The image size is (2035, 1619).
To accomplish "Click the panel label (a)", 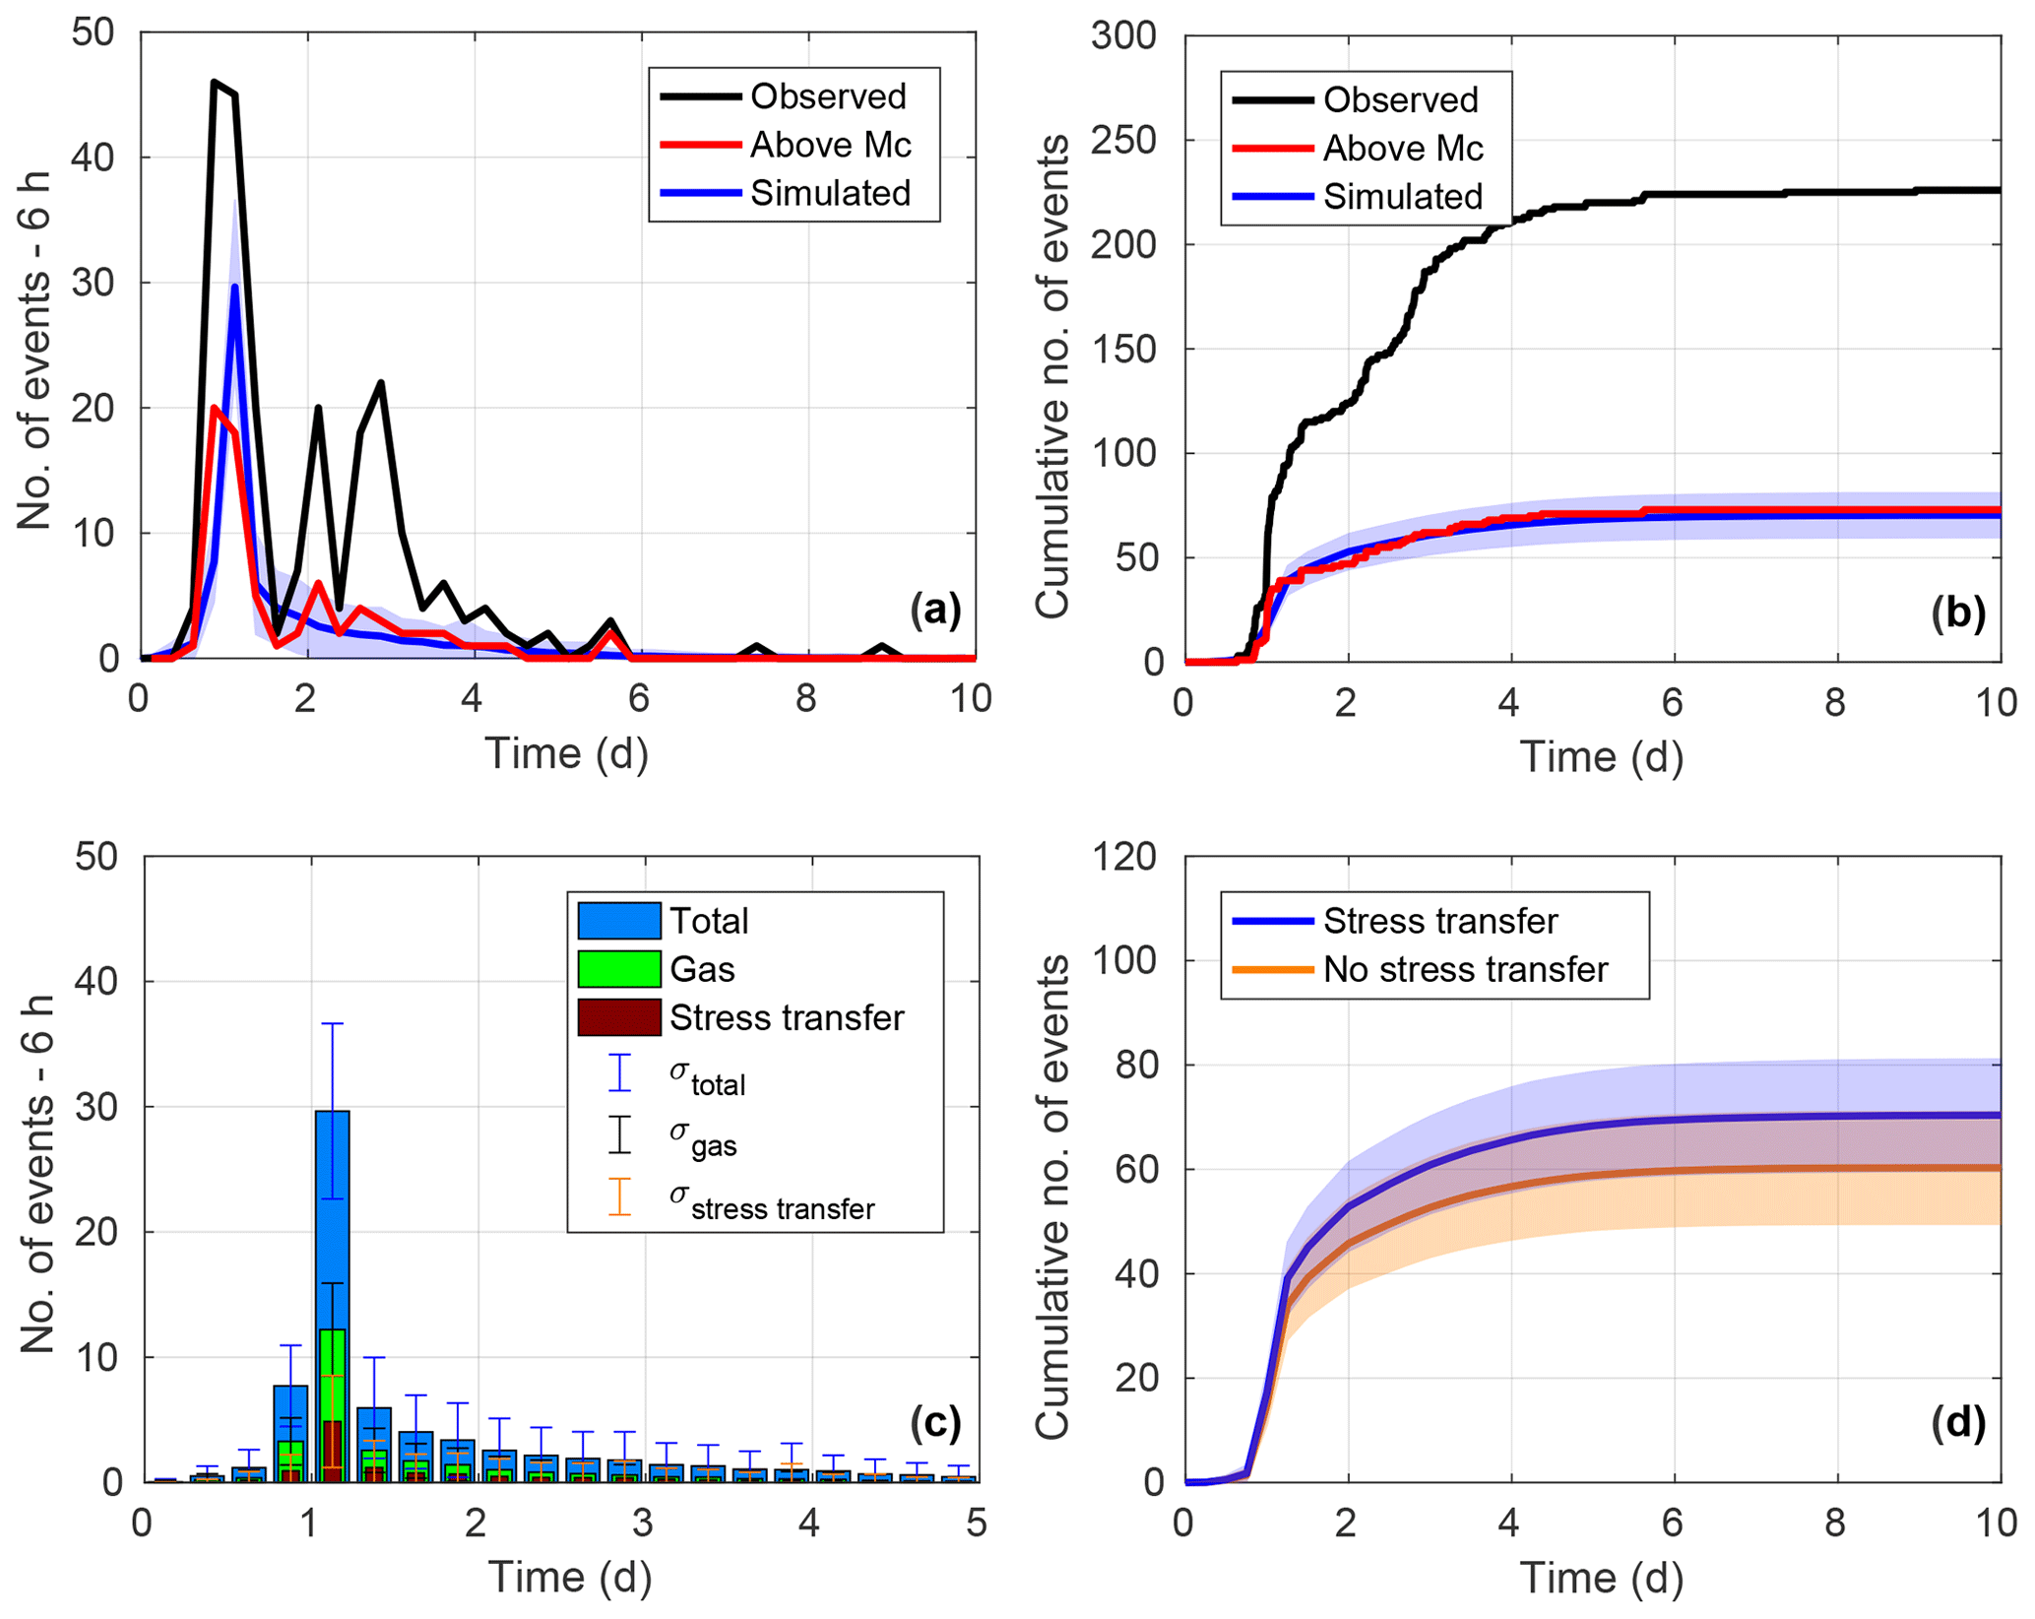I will [934, 610].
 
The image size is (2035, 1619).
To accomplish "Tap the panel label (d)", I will [1957, 1424].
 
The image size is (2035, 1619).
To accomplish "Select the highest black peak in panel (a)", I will [215, 83].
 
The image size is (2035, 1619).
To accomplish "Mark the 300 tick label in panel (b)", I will [1123, 35].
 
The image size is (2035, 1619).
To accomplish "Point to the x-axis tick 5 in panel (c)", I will [976, 1523].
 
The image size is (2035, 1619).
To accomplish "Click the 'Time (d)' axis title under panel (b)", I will [1601, 756].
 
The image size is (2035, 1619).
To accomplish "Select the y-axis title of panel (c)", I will [37, 1174].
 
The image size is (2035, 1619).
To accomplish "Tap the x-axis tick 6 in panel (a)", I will [639, 699].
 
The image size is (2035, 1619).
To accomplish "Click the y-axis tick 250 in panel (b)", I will [1123, 141].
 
